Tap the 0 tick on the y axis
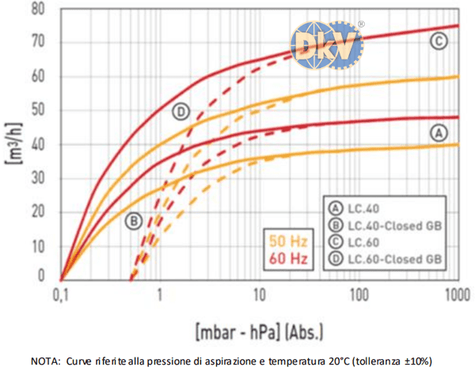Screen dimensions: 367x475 click(x=45, y=276)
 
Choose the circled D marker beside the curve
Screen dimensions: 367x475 click(x=181, y=112)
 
